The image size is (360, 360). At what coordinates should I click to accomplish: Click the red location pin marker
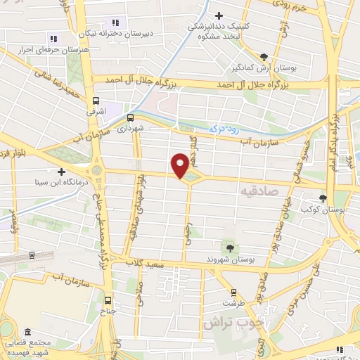181,166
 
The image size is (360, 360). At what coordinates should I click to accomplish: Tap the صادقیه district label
259,191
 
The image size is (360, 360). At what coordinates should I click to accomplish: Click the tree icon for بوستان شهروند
229,247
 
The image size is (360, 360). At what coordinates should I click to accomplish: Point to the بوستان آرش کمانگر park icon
264,57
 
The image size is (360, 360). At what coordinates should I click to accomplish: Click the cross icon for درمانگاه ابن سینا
62,172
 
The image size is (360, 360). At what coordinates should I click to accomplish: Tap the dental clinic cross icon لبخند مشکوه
219,15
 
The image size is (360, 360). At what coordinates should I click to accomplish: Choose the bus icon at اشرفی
96,101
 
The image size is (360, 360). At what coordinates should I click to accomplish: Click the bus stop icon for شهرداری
130,117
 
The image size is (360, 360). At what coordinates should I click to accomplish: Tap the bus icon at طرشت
234,292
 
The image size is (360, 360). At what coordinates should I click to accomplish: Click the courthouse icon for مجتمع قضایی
27,331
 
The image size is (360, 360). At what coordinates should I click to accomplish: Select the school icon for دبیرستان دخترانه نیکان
116,22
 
